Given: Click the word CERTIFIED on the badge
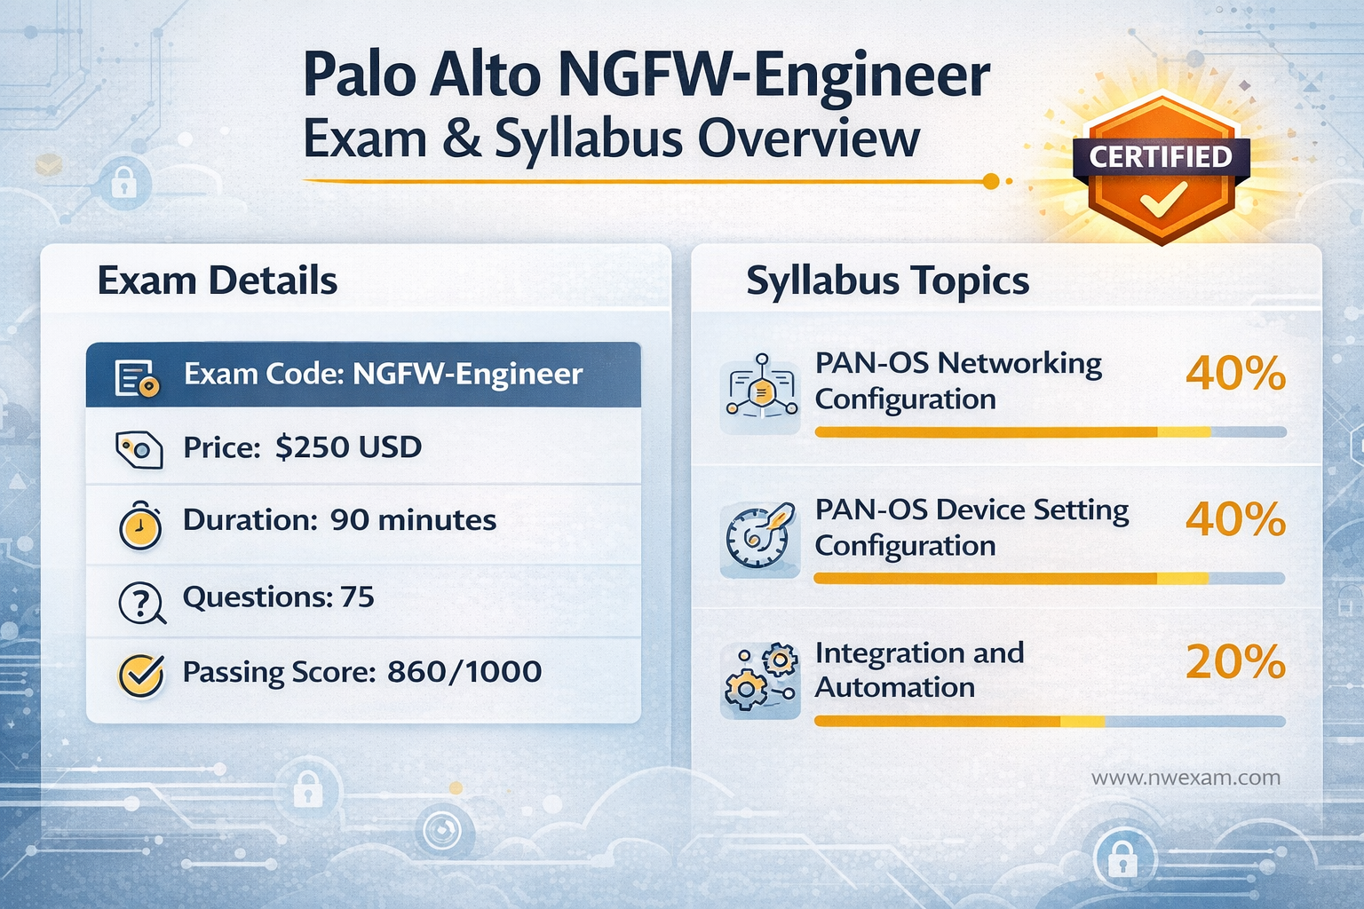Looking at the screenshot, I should [x=1161, y=157].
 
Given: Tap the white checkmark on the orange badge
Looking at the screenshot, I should [x=1162, y=200].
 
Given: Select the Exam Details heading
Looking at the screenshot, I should [x=218, y=281].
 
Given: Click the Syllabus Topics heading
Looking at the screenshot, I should [x=887, y=281].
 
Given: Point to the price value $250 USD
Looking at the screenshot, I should [x=348, y=447].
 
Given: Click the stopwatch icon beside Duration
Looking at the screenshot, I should [x=140, y=525].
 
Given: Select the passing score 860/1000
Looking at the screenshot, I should [x=464, y=671].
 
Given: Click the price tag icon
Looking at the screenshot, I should [x=139, y=449].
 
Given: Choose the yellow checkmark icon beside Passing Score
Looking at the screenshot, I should [x=140, y=676].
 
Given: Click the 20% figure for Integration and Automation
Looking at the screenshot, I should [x=1235, y=662].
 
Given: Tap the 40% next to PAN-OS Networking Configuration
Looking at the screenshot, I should [x=1235, y=374].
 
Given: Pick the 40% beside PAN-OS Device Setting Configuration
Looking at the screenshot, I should [x=1235, y=519].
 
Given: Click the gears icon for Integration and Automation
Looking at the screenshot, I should [x=760, y=680].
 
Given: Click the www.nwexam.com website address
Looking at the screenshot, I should [x=1186, y=778].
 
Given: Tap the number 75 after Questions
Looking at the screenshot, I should [x=357, y=597].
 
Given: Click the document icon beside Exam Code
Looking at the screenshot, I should [x=137, y=377].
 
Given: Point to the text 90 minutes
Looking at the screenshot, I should [x=413, y=519].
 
